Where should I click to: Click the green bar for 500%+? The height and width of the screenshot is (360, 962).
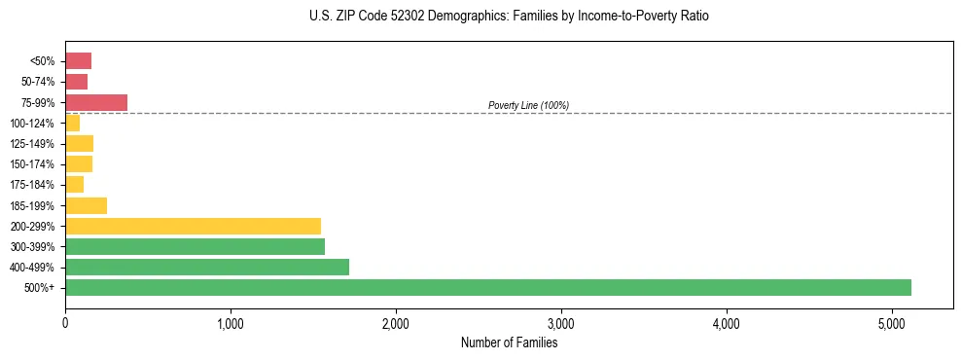pyautogui.click(x=487, y=287)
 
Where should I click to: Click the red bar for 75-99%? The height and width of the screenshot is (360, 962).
pyautogui.click(x=96, y=102)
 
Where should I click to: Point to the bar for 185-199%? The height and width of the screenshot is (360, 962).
pyautogui.click(x=86, y=205)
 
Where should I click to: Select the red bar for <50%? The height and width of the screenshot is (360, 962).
pyautogui.click(x=78, y=61)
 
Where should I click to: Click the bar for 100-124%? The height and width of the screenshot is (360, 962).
pyautogui.click(x=73, y=123)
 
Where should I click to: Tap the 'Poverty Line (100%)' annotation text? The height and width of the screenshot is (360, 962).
pyautogui.click(x=528, y=105)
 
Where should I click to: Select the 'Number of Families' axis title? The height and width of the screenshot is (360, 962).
pyautogui.click(x=509, y=342)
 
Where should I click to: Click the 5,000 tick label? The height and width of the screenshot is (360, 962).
pyautogui.click(x=892, y=323)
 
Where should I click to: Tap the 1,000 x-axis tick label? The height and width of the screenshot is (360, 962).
pyautogui.click(x=231, y=323)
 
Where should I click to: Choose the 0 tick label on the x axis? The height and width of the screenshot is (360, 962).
pyautogui.click(x=65, y=323)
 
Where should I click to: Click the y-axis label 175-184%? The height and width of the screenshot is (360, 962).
pyautogui.click(x=32, y=185)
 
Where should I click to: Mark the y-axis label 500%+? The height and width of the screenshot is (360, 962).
pyautogui.click(x=40, y=288)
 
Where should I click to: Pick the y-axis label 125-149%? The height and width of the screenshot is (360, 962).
pyautogui.click(x=32, y=144)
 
